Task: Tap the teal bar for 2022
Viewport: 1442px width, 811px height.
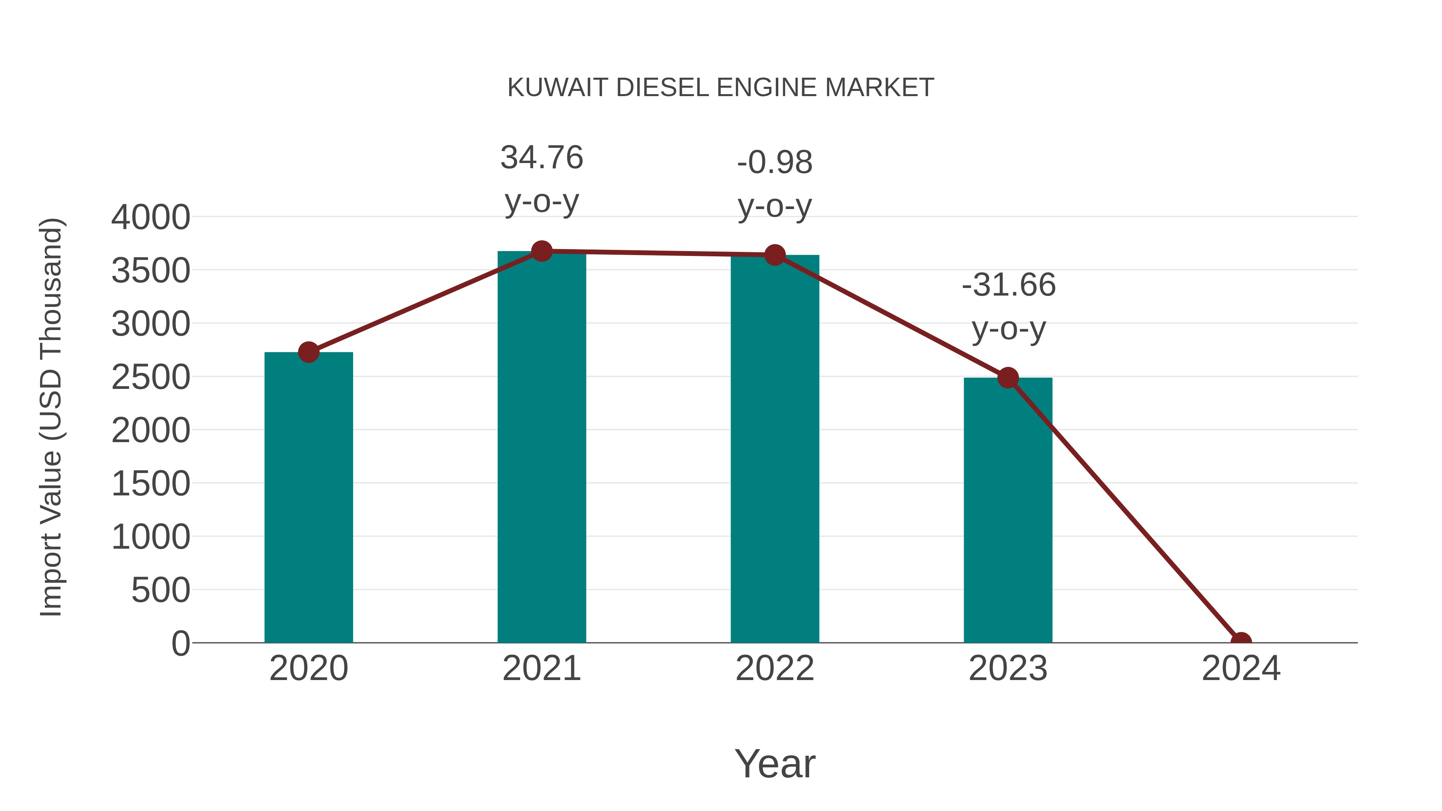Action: point(775,448)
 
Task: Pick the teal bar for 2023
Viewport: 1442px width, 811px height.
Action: point(1008,510)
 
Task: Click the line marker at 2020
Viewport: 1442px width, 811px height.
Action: point(308,352)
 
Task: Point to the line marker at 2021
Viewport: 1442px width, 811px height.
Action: point(541,251)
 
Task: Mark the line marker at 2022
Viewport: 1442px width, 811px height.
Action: point(775,255)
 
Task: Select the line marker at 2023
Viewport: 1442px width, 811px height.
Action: point(1008,378)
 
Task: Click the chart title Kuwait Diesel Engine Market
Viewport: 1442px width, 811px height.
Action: point(721,87)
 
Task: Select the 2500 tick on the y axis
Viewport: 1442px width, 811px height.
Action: point(151,377)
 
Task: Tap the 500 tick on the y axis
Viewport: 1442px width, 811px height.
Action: point(161,590)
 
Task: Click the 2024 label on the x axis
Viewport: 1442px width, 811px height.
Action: point(1241,668)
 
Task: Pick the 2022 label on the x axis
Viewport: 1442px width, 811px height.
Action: point(775,668)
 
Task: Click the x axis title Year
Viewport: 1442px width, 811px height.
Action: point(775,763)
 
